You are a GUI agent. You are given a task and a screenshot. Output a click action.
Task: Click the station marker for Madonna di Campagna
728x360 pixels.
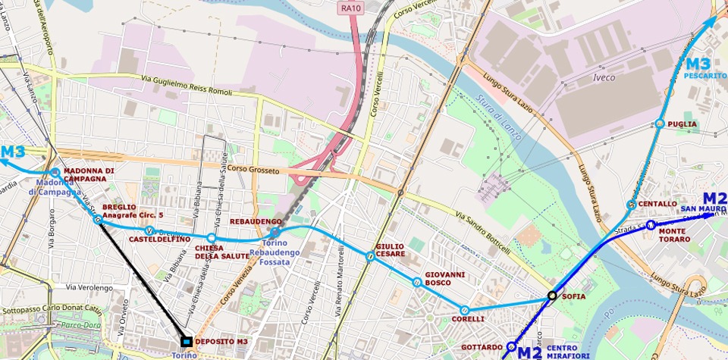(x=55, y=173)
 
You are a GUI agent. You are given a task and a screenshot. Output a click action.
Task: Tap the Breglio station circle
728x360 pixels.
(x=98, y=220)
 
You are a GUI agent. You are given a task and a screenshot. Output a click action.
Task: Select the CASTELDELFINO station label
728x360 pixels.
(x=159, y=239)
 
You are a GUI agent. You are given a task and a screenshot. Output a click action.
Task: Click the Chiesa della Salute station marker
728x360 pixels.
(x=212, y=238)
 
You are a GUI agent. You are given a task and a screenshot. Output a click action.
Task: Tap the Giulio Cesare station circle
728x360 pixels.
(x=369, y=256)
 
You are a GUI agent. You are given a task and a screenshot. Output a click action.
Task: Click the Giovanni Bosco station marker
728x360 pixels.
(x=416, y=282)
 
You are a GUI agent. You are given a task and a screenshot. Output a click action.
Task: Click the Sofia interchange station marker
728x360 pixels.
(x=553, y=296)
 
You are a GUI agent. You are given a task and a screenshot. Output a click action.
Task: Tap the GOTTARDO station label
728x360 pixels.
(x=482, y=347)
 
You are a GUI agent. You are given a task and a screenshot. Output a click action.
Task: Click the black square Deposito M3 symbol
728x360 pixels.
(x=186, y=342)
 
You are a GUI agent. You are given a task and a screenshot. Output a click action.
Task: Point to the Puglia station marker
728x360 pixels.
(x=660, y=124)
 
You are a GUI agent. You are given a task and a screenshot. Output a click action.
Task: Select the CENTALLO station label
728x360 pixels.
(x=657, y=204)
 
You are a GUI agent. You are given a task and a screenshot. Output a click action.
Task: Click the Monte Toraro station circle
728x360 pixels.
(x=651, y=225)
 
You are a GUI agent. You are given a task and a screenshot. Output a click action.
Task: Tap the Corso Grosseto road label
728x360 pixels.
(x=253, y=170)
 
